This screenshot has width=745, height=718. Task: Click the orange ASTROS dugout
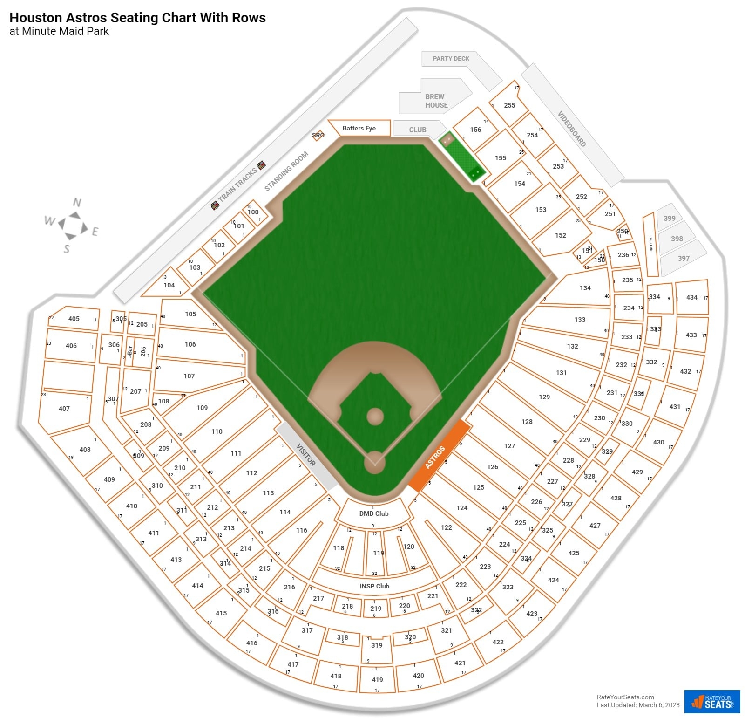coord(438,456)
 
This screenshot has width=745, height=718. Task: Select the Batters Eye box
coord(359,128)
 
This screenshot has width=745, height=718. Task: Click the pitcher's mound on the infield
coord(375,417)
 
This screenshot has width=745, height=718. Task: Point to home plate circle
coord(374,462)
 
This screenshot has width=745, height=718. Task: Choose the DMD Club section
coord(373,513)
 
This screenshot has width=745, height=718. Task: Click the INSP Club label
coord(374,586)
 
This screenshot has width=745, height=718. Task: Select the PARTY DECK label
coord(451,59)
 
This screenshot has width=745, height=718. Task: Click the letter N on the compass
coord(77,202)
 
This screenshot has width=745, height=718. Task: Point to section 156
coord(475,130)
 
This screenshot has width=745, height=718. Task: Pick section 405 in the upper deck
coord(74,319)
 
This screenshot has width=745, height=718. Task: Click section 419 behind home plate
coord(377,680)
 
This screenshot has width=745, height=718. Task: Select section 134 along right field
coord(585,288)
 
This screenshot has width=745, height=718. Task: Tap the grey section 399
coord(669,218)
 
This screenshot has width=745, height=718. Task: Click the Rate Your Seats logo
coord(712,702)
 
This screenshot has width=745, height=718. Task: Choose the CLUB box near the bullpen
coord(418,130)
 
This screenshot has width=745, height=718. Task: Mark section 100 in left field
coord(253,212)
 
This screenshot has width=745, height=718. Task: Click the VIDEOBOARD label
coord(572,129)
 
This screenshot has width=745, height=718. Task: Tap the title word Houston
coord(35,18)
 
